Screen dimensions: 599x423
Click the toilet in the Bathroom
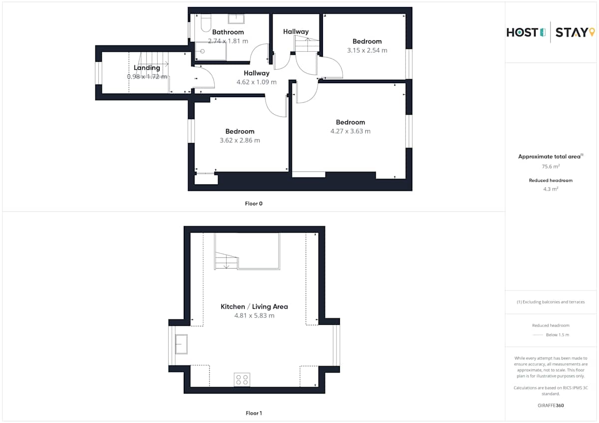[x=206, y=23]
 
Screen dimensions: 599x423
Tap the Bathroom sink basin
[x=236, y=19]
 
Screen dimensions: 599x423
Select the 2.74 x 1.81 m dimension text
[x=228, y=41]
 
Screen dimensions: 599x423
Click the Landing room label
[x=147, y=68]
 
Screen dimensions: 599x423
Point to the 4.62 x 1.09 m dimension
[x=257, y=82]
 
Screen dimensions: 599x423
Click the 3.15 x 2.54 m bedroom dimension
[x=367, y=50]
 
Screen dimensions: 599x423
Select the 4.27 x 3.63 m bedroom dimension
[x=350, y=131]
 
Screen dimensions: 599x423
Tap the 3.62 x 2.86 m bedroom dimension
[x=240, y=140]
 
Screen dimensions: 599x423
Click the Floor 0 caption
[x=254, y=204]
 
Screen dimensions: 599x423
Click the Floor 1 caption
[x=254, y=413]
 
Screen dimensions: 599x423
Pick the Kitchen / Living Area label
[x=254, y=306]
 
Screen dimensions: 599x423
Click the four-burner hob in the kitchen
[x=242, y=380]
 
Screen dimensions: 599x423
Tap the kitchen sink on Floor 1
[x=181, y=344]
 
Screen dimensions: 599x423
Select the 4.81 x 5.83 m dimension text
[x=254, y=315]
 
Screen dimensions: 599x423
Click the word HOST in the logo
[x=522, y=32]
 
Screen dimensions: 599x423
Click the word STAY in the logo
[x=572, y=32]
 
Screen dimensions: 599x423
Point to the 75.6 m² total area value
[x=551, y=166]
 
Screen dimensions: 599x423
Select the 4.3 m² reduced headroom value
[x=551, y=189]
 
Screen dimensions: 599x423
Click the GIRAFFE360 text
[x=551, y=406]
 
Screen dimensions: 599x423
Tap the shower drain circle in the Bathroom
[x=203, y=51]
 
